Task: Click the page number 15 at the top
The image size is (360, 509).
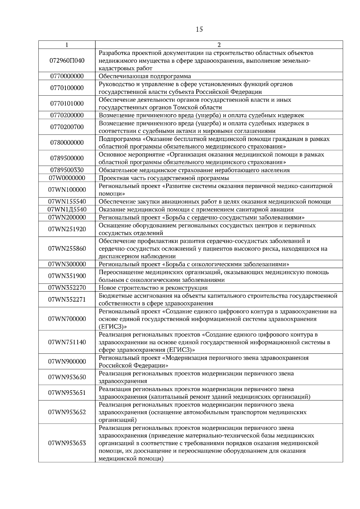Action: pyautogui.click(x=199, y=29)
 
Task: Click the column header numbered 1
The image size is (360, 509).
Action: pyautogui.click(x=67, y=45)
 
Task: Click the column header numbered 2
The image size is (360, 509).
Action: pyautogui.click(x=219, y=45)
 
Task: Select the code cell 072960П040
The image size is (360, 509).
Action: pyautogui.click(x=67, y=61)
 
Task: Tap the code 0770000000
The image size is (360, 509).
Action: pyautogui.click(x=67, y=76)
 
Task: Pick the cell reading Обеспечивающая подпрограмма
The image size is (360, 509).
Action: pyautogui.click(x=145, y=76)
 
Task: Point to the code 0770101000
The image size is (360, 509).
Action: pyautogui.click(x=67, y=103)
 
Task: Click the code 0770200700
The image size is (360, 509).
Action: pyautogui.click(x=67, y=127)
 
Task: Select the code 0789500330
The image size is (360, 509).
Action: pyautogui.click(x=67, y=170)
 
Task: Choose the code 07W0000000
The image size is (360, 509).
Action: pyautogui.click(x=67, y=178)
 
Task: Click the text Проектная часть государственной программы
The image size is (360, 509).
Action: pyautogui.click(x=164, y=178)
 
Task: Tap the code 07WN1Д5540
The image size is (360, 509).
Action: pyautogui.click(x=67, y=210)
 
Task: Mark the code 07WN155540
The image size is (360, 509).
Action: pyautogui.click(x=67, y=202)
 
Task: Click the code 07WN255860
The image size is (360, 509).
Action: pyautogui.click(x=67, y=249)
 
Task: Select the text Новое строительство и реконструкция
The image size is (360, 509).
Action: pyautogui.click(x=153, y=288)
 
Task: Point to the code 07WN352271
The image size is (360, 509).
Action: pyautogui.click(x=67, y=299)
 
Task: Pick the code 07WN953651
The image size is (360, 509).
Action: pyautogui.click(x=67, y=393)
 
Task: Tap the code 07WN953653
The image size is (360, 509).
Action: pyautogui.click(x=67, y=443)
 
